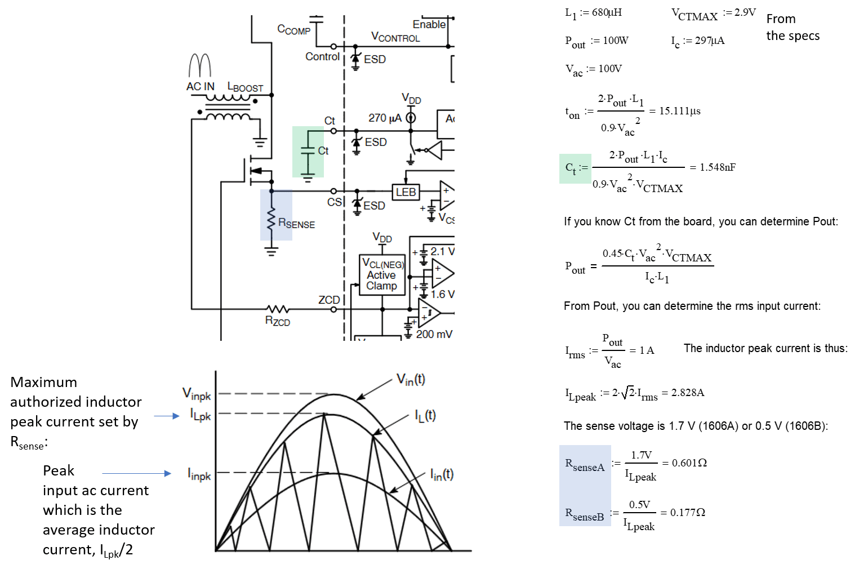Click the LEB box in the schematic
(406, 192)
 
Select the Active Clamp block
(382, 275)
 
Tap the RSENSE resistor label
(296, 224)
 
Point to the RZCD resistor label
(278, 321)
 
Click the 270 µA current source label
(385, 118)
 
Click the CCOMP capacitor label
(293, 29)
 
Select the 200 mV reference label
(434, 334)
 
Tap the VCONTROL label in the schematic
(395, 37)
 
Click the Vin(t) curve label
(411, 380)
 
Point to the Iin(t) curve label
(442, 475)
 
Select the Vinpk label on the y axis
(197, 394)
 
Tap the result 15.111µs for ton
(680, 111)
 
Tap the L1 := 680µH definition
(593, 13)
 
